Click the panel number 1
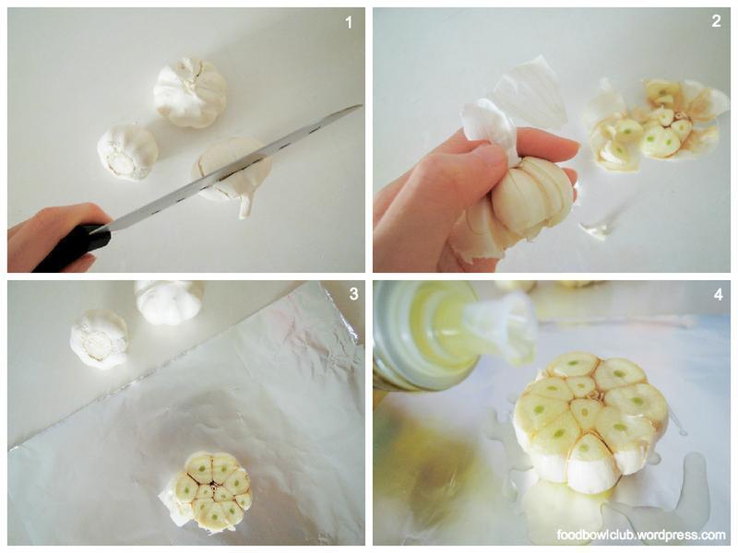coord(349,22)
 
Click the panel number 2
coord(716,21)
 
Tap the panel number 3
coord(353,294)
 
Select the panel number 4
coord(718,294)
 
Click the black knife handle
coord(73,248)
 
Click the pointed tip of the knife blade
coord(361,106)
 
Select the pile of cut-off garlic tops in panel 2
coord(654,124)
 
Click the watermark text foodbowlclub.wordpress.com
coord(641,535)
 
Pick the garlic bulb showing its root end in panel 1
coord(127,151)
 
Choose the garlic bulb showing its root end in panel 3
coord(100,338)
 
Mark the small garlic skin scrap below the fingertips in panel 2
coord(594,228)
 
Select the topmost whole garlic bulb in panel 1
coord(190,91)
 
